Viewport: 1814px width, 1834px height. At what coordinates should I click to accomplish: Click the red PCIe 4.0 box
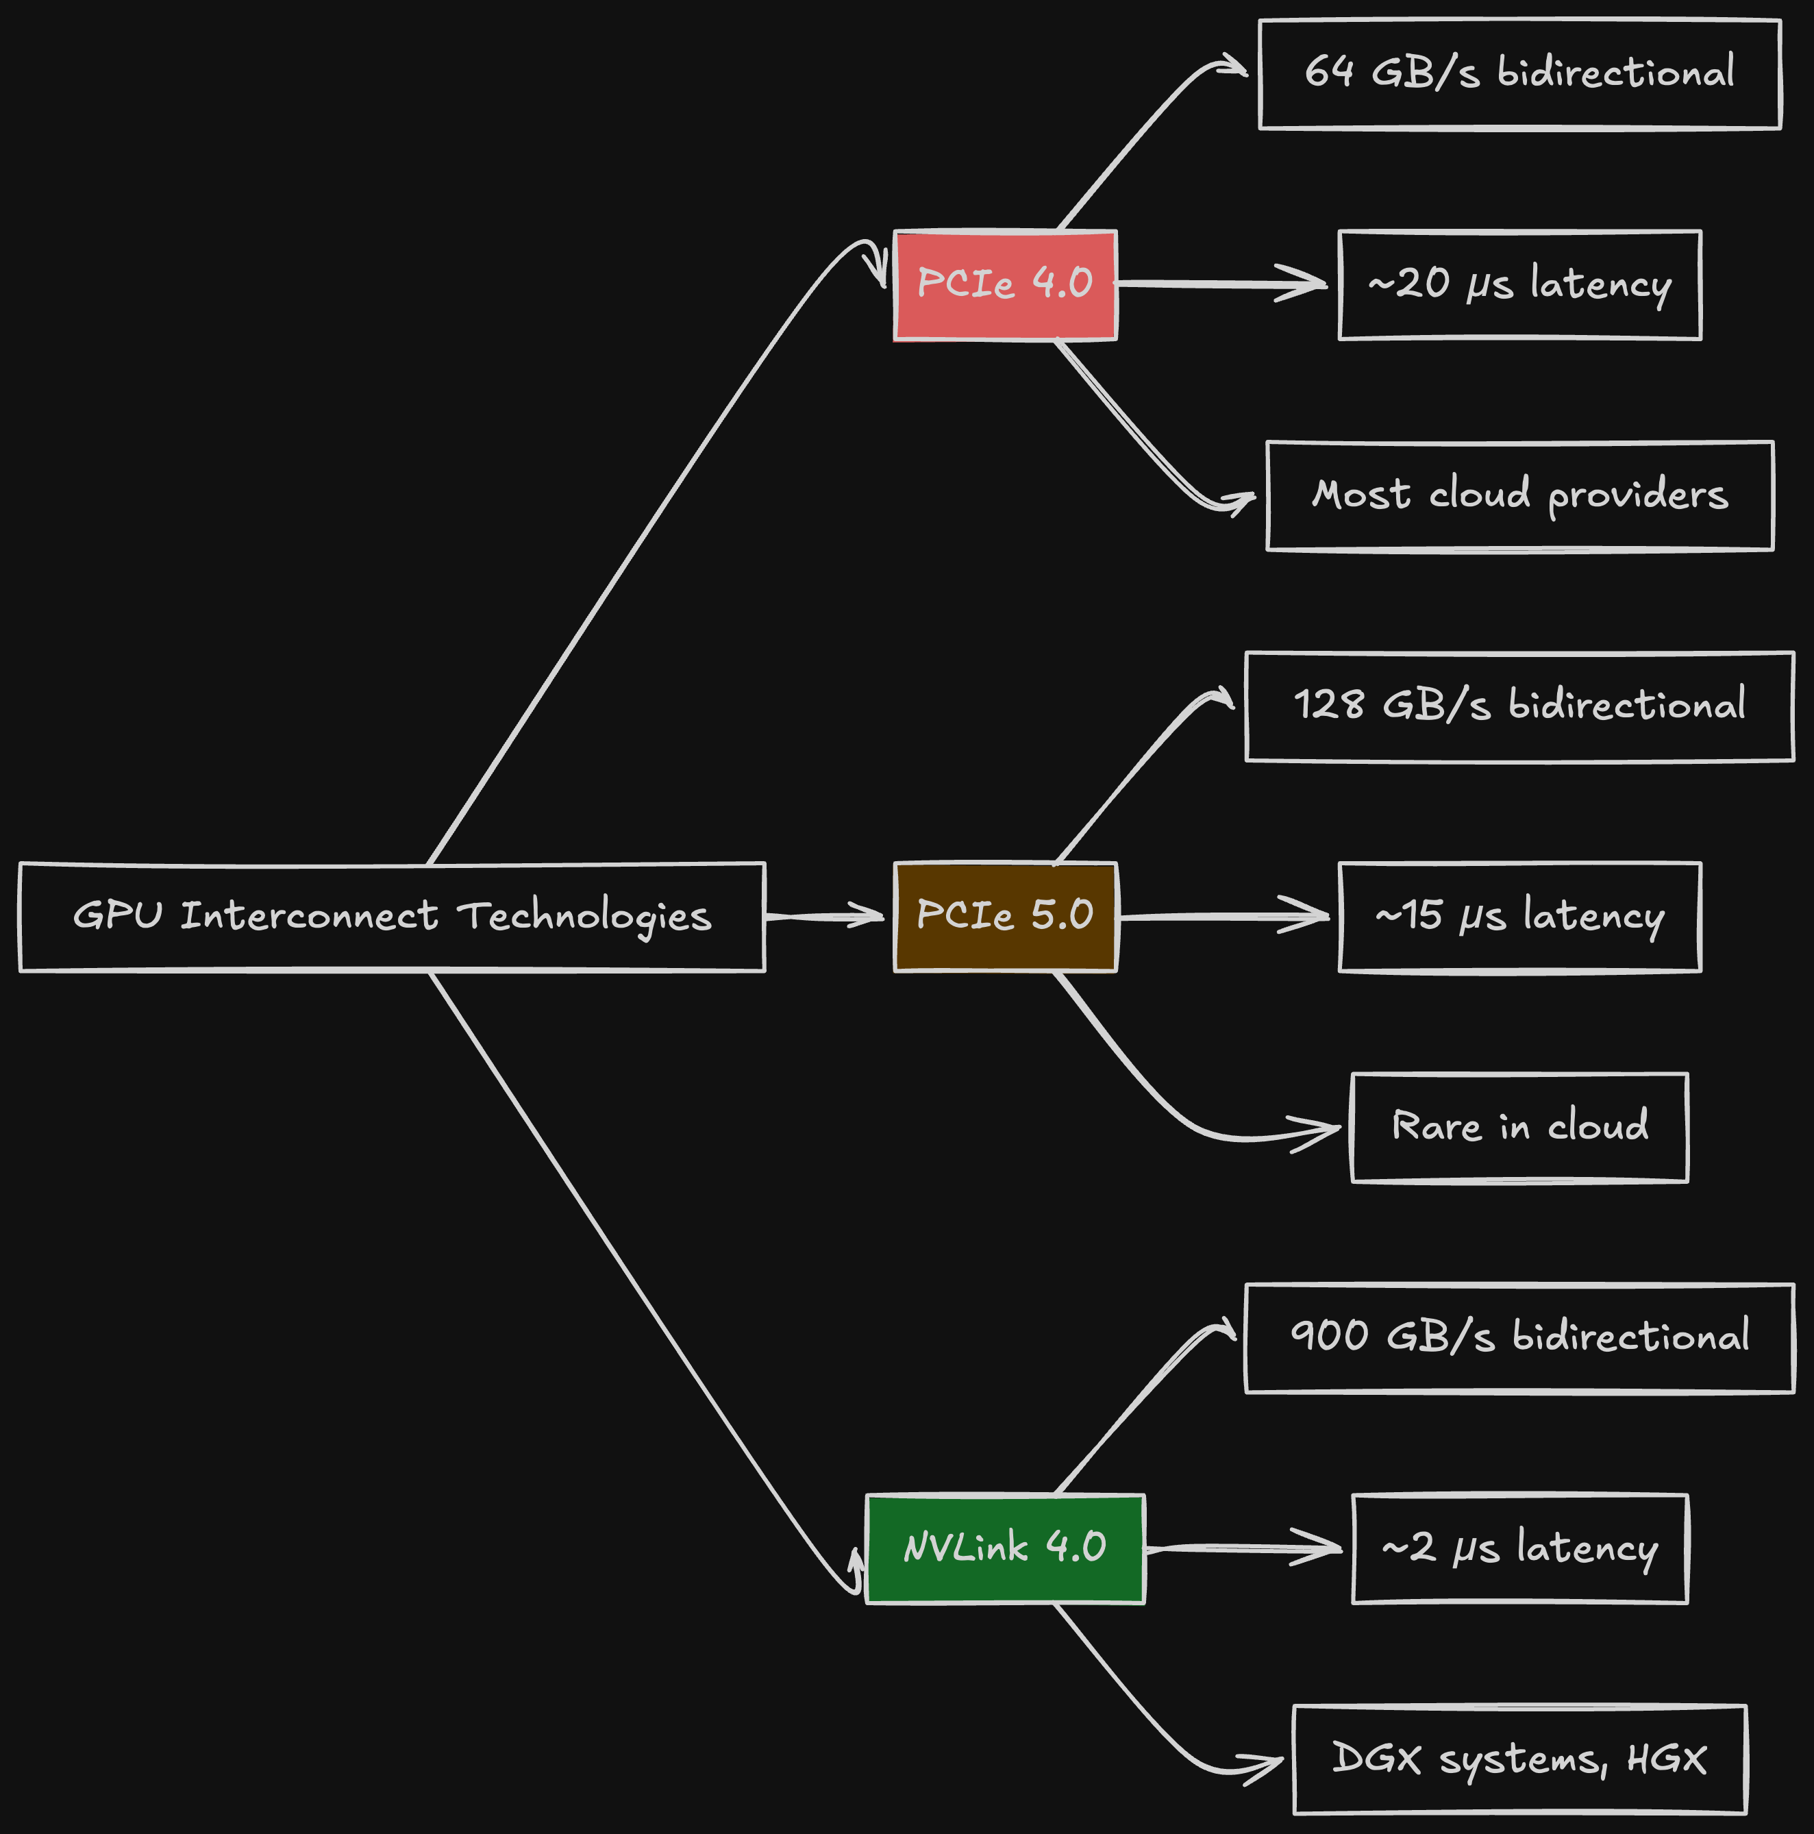tap(1005, 285)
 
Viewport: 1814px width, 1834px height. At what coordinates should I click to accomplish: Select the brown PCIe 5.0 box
tap(1005, 916)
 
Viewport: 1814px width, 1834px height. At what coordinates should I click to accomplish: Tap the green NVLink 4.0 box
tap(1005, 1548)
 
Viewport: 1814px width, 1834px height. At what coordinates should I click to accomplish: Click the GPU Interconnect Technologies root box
tap(392, 916)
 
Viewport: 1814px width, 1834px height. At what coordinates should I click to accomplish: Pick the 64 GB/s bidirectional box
tap(1519, 74)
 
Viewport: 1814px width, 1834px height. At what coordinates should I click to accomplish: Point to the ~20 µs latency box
tap(1519, 285)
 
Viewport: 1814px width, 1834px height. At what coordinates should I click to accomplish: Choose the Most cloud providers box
tap(1519, 495)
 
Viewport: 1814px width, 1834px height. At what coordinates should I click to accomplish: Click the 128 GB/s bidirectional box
tap(1519, 706)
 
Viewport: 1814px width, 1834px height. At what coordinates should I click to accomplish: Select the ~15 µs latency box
tap(1519, 916)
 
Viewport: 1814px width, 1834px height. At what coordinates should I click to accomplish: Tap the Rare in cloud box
tap(1519, 1127)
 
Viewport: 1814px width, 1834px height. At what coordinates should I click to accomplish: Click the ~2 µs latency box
tap(1519, 1548)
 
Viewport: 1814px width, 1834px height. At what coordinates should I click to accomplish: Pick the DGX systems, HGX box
tap(1519, 1759)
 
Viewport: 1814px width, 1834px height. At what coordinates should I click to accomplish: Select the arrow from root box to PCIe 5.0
tap(824, 916)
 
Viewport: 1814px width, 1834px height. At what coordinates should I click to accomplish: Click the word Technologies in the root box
tap(584, 917)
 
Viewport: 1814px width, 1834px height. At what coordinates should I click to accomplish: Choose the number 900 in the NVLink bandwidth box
tap(1329, 1337)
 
